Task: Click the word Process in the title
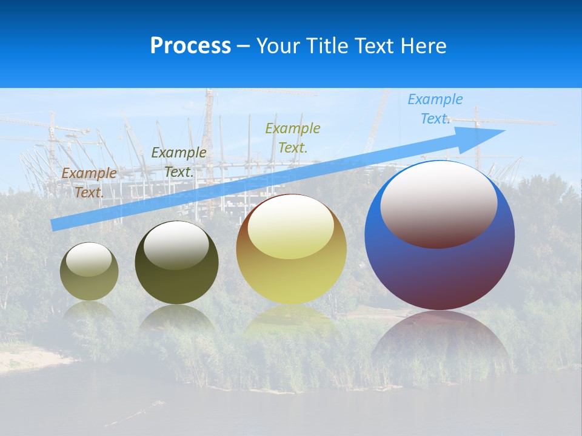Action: tap(190, 46)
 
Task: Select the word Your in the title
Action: tap(276, 46)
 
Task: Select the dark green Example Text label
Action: tap(179, 162)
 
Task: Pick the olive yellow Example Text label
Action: tap(293, 137)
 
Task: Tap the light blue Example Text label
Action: tap(435, 109)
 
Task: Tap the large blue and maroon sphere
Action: tap(440, 272)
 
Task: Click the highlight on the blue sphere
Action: tap(439, 204)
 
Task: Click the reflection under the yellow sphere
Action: tap(291, 321)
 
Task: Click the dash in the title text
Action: tap(244, 47)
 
